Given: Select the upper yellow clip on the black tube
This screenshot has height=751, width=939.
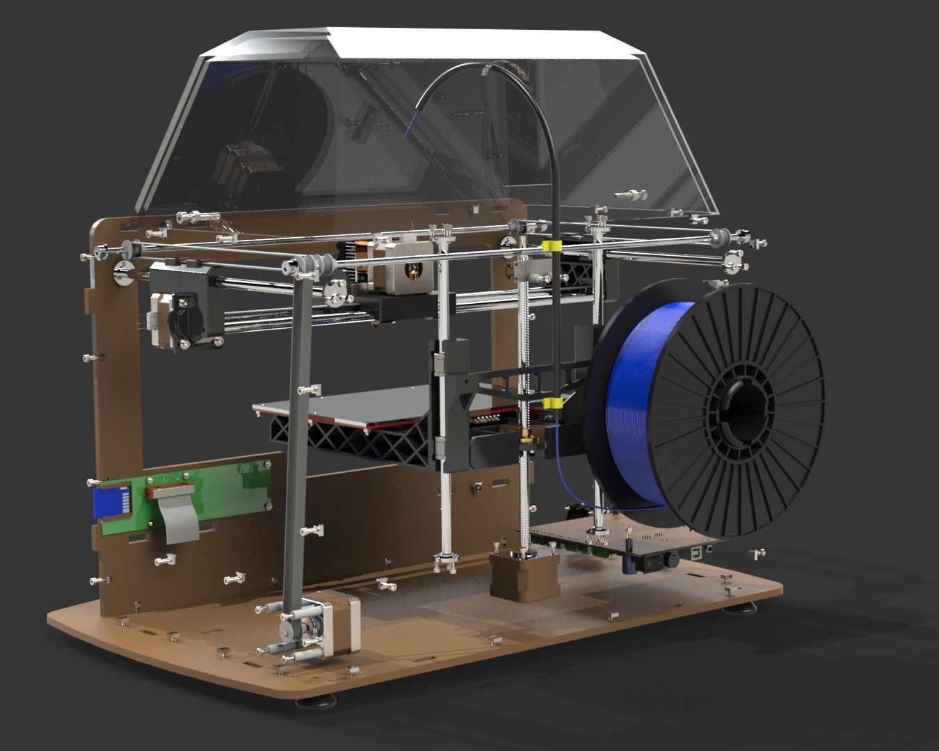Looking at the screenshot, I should pos(552,246).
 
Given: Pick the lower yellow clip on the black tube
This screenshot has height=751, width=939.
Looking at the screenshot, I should pos(553,404).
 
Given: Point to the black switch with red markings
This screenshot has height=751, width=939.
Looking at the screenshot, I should pos(650,563).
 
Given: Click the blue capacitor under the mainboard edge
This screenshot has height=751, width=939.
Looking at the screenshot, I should pos(628,565).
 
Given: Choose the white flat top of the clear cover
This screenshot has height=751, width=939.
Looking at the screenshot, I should pos(445,42).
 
